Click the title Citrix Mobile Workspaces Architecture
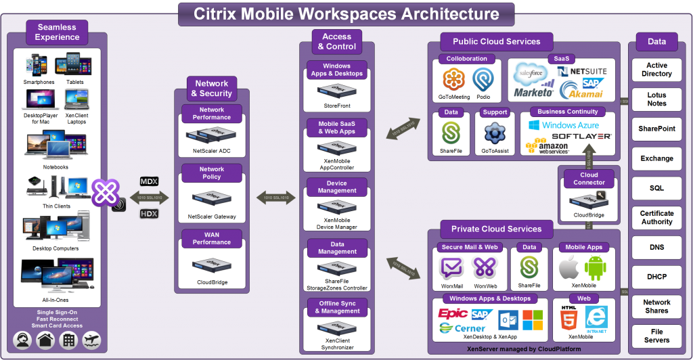(x=346, y=14)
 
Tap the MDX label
(x=148, y=181)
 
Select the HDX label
(x=148, y=214)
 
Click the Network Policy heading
(x=211, y=173)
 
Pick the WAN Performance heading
(x=211, y=238)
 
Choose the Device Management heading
(x=336, y=187)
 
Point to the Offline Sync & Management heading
(x=336, y=307)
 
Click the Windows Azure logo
(x=563, y=125)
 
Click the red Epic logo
(x=453, y=313)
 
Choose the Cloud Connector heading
(x=589, y=179)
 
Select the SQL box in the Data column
(x=656, y=187)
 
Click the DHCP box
(x=656, y=277)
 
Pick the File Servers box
(x=656, y=336)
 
